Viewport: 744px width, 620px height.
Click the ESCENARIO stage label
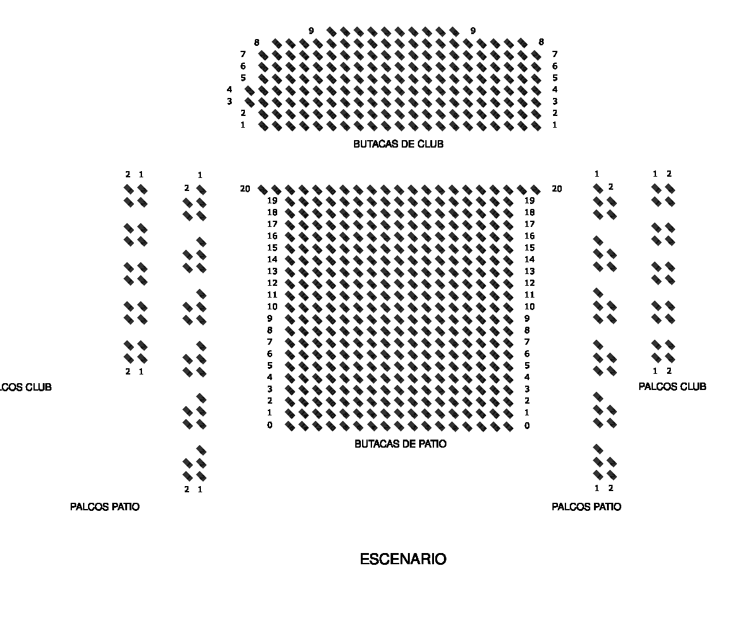(x=403, y=559)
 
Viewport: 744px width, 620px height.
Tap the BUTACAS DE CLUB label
(x=399, y=144)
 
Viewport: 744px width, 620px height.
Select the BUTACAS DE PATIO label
(x=401, y=444)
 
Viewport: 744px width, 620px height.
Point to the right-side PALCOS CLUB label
(x=672, y=387)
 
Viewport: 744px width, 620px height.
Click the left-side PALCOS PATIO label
(x=105, y=507)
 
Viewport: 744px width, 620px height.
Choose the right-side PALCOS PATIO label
(x=587, y=507)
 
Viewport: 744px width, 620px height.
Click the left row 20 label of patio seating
(x=245, y=189)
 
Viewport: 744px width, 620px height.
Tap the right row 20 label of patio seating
(x=557, y=189)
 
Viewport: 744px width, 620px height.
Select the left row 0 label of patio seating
(x=270, y=425)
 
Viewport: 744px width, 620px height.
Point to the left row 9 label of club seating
(x=311, y=31)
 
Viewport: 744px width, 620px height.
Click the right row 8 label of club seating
(x=541, y=42)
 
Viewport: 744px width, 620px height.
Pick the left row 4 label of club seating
(x=229, y=89)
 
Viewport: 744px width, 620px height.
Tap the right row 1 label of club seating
(x=554, y=125)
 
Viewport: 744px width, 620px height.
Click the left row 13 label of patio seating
(x=272, y=272)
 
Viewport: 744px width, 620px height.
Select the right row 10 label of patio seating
(x=529, y=307)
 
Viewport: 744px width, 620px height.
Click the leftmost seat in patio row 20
(x=263, y=190)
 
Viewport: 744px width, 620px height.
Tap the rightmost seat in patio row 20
(x=536, y=190)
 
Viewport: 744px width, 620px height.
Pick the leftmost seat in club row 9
(x=331, y=32)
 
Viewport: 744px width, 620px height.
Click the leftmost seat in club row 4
(x=250, y=91)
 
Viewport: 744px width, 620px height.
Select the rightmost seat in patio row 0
(x=508, y=427)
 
